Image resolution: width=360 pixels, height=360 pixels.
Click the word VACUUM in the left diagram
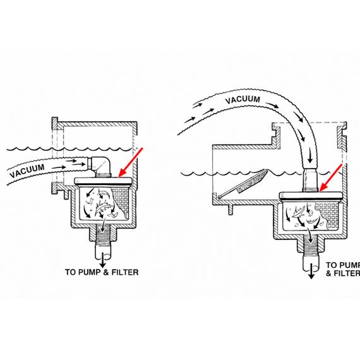click(x=27, y=171)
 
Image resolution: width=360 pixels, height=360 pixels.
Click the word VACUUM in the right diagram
click(x=243, y=100)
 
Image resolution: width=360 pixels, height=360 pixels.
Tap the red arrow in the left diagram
click(x=131, y=162)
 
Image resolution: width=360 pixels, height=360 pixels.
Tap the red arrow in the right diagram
click(x=330, y=177)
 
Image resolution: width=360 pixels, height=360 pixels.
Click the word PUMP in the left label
click(x=88, y=272)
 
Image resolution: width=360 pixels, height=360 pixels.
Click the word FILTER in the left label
click(x=125, y=272)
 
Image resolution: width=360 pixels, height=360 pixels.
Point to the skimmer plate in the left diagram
click(x=104, y=181)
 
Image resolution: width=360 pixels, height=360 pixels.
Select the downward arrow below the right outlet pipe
click(x=311, y=271)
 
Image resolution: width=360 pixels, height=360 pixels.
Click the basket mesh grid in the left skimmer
click(x=121, y=200)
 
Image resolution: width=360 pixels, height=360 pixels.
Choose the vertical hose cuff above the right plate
click(x=310, y=179)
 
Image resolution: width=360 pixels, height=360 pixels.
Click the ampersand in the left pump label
click(x=106, y=272)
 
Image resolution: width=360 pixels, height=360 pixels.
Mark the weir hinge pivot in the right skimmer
click(x=219, y=197)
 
